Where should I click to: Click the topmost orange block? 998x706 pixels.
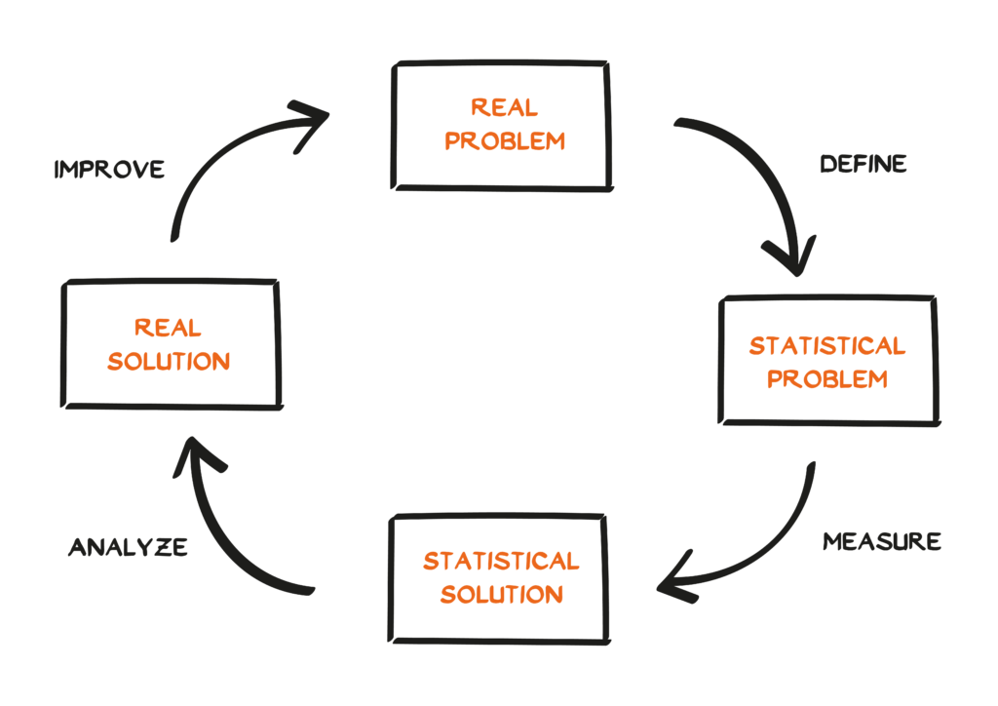pyautogui.click(x=526, y=141)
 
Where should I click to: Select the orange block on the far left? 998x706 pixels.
pyautogui.click(x=185, y=361)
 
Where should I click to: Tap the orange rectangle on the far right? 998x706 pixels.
pyautogui.click(x=839, y=376)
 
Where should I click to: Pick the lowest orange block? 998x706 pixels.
pyautogui.click(x=507, y=594)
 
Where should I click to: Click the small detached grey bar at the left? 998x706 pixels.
pyautogui.click(x=120, y=174)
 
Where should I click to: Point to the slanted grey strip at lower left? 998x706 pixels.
pyautogui.click(x=127, y=549)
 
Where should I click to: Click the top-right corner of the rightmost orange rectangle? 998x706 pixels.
pyautogui.click(x=929, y=337)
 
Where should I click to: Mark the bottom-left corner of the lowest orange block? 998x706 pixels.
pyautogui.click(x=425, y=635)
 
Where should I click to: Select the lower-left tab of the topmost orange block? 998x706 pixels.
pyautogui.click(x=456, y=156)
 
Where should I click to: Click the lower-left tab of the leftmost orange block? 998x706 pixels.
pyautogui.click(x=119, y=375)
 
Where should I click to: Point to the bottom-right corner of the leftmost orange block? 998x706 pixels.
pyautogui.click(x=248, y=400)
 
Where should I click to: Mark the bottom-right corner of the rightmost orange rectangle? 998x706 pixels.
pyautogui.click(x=929, y=416)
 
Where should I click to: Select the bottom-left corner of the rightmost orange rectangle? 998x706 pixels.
pyautogui.click(x=750, y=416)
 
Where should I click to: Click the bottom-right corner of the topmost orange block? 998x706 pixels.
pyautogui.click(x=591, y=181)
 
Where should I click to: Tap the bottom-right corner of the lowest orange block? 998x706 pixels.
pyautogui.click(x=591, y=635)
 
